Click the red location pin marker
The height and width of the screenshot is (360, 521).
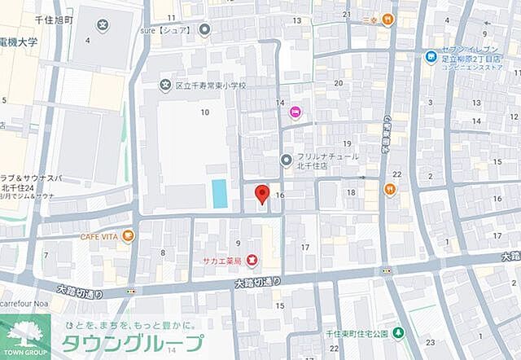(261, 195)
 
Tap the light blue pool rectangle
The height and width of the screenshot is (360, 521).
(219, 193)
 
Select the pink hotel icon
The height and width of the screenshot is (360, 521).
(295, 112)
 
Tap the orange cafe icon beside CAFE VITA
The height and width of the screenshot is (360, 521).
(128, 236)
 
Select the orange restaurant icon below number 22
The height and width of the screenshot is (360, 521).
(390, 190)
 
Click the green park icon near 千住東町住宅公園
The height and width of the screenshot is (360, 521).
(397, 332)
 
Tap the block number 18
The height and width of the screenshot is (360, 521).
(351, 192)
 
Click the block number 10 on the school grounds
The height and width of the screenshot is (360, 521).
(205, 112)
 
